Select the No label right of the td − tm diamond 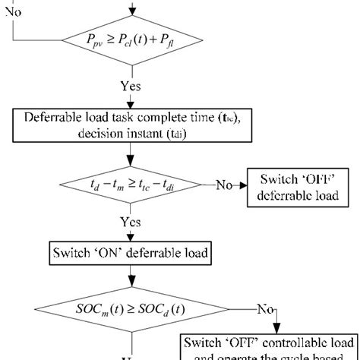223,185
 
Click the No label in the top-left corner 14,13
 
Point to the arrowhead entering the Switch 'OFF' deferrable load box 244,185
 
